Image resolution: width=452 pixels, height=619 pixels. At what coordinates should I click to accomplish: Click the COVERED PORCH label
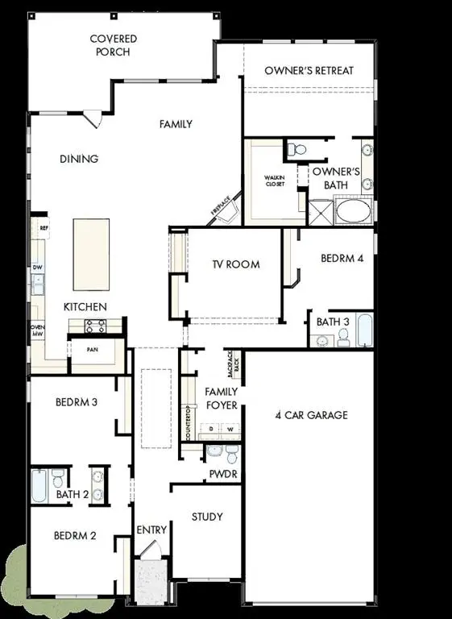click(x=114, y=45)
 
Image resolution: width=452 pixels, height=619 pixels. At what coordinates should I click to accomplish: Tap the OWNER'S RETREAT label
click(x=309, y=71)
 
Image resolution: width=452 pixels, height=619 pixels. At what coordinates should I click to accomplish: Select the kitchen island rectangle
click(x=91, y=254)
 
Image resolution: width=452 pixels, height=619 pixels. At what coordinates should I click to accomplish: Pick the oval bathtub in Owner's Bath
click(x=353, y=212)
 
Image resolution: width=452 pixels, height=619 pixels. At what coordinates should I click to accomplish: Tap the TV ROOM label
click(x=235, y=264)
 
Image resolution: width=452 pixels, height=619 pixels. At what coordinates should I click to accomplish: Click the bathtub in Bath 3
click(x=363, y=330)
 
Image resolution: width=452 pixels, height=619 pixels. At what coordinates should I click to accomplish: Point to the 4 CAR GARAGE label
click(x=311, y=415)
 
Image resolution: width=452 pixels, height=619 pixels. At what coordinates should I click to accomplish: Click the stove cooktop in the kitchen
click(x=96, y=326)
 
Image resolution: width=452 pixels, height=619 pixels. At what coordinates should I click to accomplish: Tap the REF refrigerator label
click(x=44, y=229)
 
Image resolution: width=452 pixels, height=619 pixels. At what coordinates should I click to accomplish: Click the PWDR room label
click(x=223, y=474)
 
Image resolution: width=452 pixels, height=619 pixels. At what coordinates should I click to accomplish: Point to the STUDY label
click(x=208, y=517)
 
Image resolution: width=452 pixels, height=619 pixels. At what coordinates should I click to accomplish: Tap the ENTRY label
click(x=151, y=530)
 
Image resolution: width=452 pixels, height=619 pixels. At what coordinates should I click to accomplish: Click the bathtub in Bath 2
click(x=40, y=486)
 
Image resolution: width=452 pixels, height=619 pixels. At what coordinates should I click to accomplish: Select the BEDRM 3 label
click(x=77, y=402)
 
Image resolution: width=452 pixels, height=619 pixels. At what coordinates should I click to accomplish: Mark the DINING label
click(x=79, y=159)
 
